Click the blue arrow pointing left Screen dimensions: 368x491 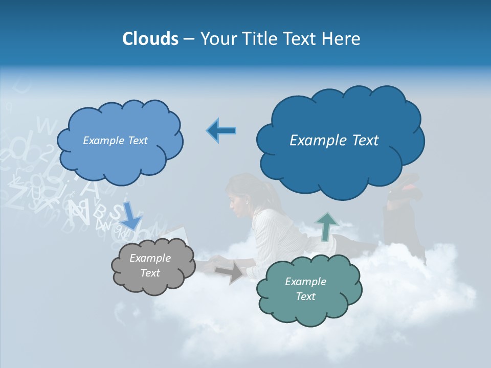[221, 130]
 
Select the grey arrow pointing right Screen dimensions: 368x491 [229, 273]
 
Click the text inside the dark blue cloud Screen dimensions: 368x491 [334, 141]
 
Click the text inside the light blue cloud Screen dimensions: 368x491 [115, 141]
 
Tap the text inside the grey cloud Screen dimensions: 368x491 [150, 266]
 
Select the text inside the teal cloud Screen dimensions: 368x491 [305, 289]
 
